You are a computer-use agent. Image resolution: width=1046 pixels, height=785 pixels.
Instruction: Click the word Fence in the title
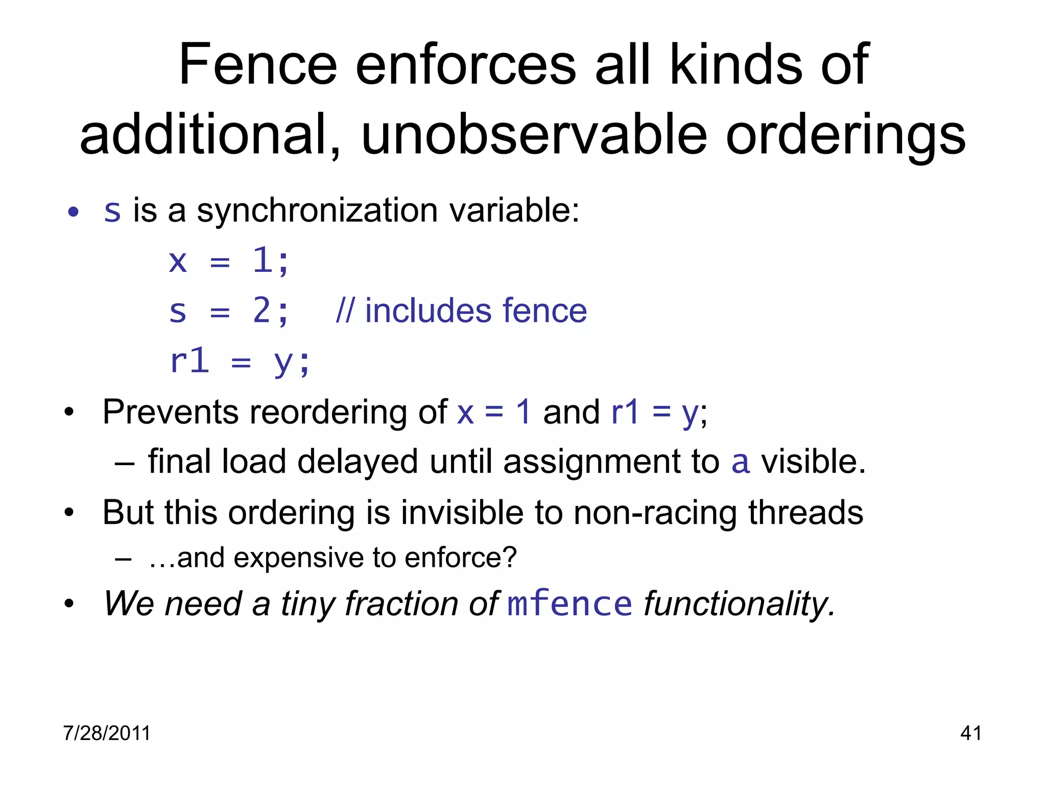pyautogui.click(x=258, y=65)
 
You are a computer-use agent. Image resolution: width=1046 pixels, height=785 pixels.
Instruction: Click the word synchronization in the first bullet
pyautogui.click(x=317, y=211)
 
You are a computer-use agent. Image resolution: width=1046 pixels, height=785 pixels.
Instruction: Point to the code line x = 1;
pyautogui.click(x=229, y=261)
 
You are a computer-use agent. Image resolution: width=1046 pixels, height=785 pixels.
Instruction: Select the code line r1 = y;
pyautogui.click(x=240, y=362)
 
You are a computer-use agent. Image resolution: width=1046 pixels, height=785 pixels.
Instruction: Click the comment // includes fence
pyautogui.click(x=461, y=311)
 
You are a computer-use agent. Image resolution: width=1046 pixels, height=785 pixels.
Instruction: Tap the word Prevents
pyautogui.click(x=170, y=412)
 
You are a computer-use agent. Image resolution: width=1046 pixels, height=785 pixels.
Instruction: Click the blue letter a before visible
pyautogui.click(x=741, y=461)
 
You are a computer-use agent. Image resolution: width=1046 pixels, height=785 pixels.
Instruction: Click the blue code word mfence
pyautogui.click(x=569, y=604)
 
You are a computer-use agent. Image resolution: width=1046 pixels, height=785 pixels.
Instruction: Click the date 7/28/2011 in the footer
pyautogui.click(x=107, y=733)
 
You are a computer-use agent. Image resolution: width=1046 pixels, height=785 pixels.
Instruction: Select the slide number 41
pyautogui.click(x=970, y=733)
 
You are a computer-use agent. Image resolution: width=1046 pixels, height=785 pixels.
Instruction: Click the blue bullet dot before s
pyautogui.click(x=74, y=212)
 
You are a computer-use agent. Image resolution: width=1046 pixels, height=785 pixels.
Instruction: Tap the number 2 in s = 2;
pyautogui.click(x=261, y=311)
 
